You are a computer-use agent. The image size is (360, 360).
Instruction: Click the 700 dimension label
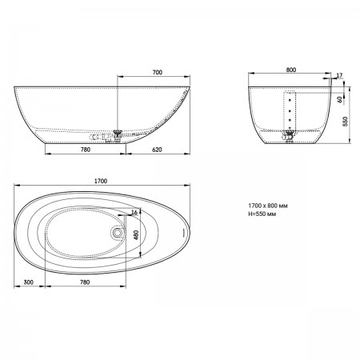coord(158,72)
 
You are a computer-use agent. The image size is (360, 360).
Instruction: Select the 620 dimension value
coord(157,150)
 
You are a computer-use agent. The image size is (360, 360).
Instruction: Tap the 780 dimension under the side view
coord(86,150)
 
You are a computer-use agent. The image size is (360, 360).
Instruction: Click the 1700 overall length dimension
coord(101,181)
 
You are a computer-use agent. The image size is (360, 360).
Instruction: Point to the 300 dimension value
coord(29,282)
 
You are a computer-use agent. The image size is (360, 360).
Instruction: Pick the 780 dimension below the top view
coord(85,282)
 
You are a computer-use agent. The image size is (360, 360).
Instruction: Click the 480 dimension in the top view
coord(136,235)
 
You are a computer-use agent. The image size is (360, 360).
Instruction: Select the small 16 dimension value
coord(134,212)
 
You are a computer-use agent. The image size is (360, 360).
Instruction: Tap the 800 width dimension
coord(291,70)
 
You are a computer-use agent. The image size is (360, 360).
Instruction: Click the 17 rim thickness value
coord(339,75)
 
